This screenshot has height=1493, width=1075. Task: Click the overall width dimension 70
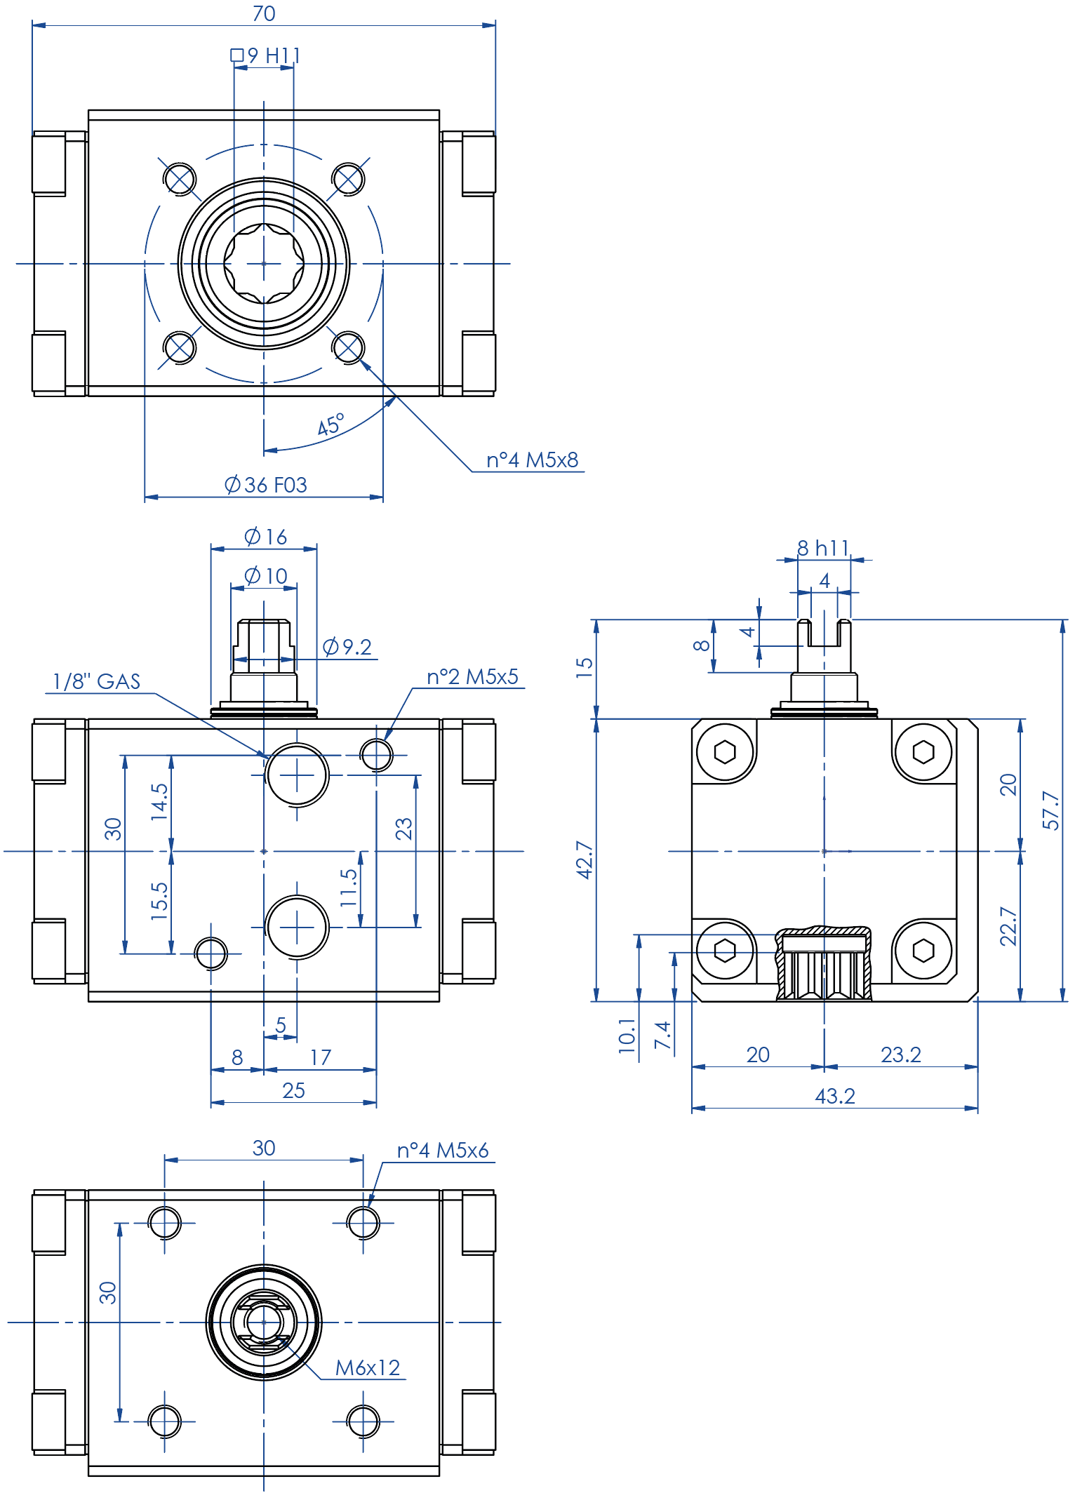click(x=264, y=14)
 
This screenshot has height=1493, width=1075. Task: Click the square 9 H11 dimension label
click(x=267, y=55)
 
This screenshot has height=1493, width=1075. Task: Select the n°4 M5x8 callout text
click(x=532, y=460)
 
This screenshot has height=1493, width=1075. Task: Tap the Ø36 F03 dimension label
click(x=266, y=485)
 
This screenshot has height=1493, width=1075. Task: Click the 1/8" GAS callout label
click(x=97, y=682)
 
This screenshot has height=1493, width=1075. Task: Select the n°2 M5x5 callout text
click(x=472, y=677)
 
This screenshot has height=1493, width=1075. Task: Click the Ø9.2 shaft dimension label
click(x=347, y=647)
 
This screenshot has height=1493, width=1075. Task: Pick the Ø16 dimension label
click(x=266, y=537)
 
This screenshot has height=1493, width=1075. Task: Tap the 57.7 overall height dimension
click(x=1050, y=810)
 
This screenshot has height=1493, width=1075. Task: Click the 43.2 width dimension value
click(x=835, y=1097)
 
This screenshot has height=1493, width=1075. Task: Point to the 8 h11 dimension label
click(x=823, y=548)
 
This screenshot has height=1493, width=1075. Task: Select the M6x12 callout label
click(x=367, y=1368)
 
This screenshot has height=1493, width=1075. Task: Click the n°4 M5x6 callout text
click(x=442, y=1151)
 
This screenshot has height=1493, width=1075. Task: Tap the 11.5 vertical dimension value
click(x=349, y=888)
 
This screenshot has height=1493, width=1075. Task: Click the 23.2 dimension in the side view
click(x=900, y=1055)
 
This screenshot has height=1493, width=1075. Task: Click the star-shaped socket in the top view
click(x=264, y=264)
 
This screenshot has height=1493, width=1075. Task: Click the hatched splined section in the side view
click(x=824, y=965)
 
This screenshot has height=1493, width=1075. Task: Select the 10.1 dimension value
click(x=627, y=1036)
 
